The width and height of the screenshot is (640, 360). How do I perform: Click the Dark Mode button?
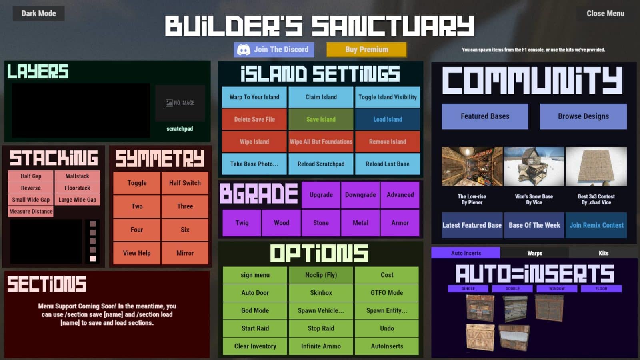38,14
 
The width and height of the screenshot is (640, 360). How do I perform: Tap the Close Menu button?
605,14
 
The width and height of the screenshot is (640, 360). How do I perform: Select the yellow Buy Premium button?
366,50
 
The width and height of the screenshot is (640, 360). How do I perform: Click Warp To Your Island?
254,97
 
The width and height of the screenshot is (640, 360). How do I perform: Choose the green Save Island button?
321,119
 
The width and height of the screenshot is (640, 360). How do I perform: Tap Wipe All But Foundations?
321,142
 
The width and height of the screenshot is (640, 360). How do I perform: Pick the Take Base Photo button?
254,164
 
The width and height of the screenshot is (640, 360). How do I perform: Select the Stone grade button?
321,223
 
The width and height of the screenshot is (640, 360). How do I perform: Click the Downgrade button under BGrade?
360,195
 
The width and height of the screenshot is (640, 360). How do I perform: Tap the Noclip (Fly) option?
321,275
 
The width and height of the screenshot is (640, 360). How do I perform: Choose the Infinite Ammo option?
321,346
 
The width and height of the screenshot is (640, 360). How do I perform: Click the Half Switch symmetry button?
185,183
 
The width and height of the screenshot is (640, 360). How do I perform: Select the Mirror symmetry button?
185,253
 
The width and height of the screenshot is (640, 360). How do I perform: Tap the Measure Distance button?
31,211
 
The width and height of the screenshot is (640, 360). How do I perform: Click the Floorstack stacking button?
77,188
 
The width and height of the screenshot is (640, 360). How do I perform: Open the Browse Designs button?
583,116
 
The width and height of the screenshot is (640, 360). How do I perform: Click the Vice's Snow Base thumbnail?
534,166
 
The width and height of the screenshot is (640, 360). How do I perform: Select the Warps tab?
534,253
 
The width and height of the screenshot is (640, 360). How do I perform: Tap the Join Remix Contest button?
596,225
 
